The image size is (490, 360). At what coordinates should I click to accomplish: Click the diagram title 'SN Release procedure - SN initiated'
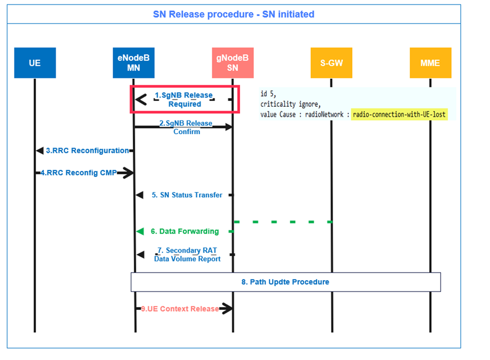(234, 14)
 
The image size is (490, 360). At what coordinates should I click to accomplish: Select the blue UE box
(35, 63)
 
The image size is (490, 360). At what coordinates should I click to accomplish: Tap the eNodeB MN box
(133, 63)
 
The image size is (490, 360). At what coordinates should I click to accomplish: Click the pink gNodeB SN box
(232, 63)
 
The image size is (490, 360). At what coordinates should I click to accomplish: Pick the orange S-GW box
(331, 63)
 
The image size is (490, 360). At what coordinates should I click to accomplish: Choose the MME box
(430, 63)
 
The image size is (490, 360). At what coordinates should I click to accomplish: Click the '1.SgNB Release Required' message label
(184, 99)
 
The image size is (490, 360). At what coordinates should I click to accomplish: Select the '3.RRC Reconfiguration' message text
(87, 151)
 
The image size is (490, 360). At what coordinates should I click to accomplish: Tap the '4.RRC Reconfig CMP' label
(78, 172)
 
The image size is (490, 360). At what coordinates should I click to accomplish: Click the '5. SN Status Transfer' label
(187, 195)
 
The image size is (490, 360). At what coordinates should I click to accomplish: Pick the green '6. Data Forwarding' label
(184, 231)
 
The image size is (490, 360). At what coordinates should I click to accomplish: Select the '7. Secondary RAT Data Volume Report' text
(187, 255)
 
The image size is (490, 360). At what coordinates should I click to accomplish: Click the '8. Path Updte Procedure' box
(286, 282)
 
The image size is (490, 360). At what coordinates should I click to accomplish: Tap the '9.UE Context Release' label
(179, 309)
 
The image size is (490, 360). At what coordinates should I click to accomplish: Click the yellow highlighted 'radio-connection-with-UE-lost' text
(399, 114)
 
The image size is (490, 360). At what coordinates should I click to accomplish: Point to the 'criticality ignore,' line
(290, 104)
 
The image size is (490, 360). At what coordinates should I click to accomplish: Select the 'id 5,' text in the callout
(268, 94)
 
